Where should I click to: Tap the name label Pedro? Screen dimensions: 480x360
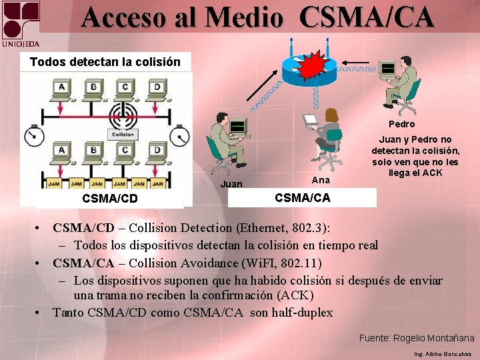[x=401, y=124]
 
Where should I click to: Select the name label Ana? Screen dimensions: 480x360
[x=321, y=180]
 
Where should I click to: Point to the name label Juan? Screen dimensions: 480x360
[x=231, y=184]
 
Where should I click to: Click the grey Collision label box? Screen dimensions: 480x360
[x=123, y=134]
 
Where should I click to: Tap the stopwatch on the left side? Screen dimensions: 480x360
[x=32, y=136]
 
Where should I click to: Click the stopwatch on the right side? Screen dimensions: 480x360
[x=179, y=137]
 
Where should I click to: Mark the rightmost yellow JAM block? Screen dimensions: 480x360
[x=158, y=183]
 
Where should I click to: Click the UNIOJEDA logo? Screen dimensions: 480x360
[x=20, y=24]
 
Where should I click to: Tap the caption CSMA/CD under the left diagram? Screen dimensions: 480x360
[x=110, y=199]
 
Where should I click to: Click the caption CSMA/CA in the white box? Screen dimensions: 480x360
[x=302, y=198]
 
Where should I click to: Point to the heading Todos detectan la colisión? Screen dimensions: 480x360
[x=105, y=62]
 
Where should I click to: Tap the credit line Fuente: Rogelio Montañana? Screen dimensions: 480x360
[x=417, y=338]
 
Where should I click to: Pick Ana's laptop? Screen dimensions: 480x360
[x=310, y=120]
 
